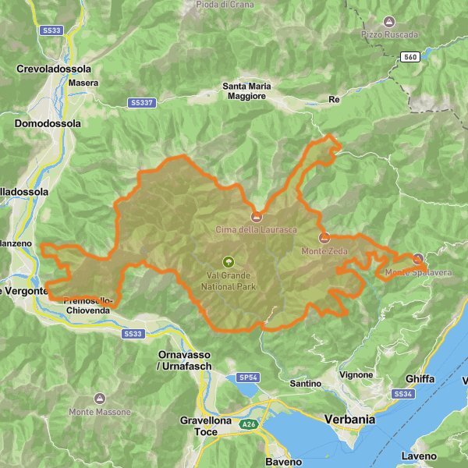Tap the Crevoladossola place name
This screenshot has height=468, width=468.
pyautogui.click(x=54, y=69)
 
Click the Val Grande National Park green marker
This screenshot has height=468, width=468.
pyautogui.click(x=229, y=262)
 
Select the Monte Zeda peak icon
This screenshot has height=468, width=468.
pyautogui.click(x=324, y=238)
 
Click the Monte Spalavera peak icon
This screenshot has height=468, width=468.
pyautogui.click(x=417, y=258)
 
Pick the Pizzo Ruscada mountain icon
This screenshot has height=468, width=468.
pyautogui.click(x=389, y=22)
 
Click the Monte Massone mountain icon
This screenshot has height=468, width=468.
pyautogui.click(x=98, y=399)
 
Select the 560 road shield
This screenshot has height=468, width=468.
pyautogui.click(x=410, y=56)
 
